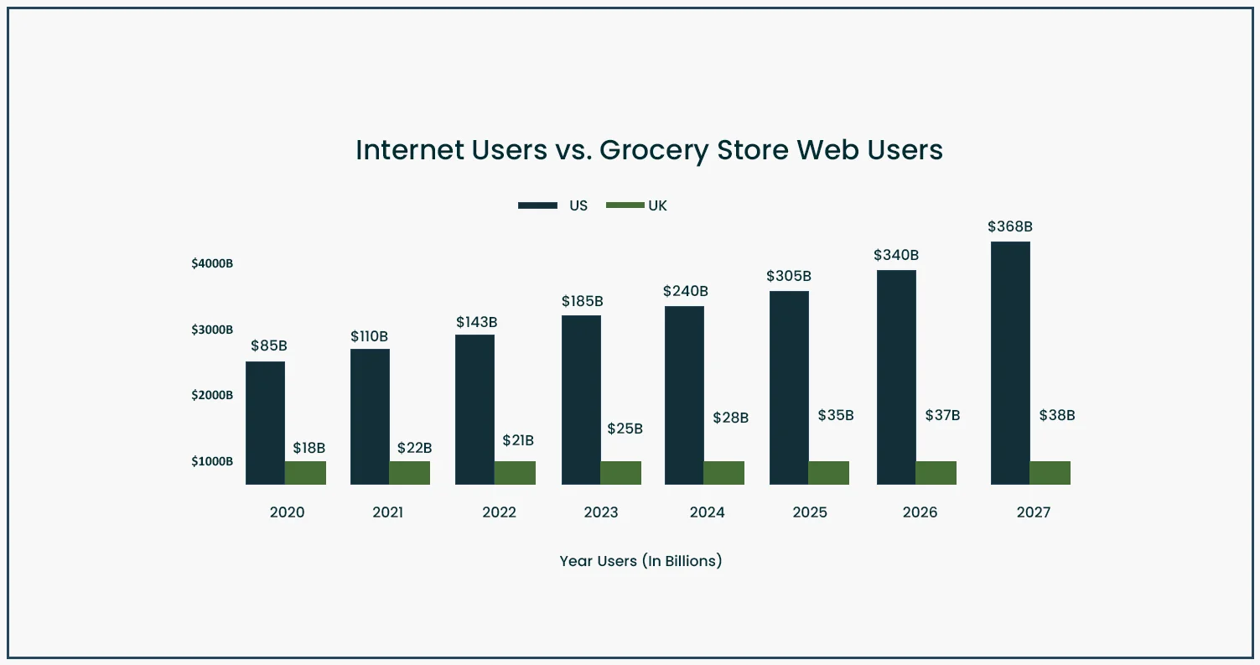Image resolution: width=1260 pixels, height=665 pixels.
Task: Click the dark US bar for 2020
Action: click(x=265, y=423)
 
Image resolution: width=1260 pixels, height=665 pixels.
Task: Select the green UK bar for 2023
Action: click(x=620, y=472)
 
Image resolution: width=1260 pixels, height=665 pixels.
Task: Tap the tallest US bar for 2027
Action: click(x=1010, y=362)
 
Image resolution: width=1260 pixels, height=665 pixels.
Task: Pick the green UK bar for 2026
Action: click(x=936, y=472)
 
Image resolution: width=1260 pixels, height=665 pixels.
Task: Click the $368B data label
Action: click(x=1010, y=226)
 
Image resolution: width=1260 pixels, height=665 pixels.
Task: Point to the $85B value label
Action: click(x=268, y=345)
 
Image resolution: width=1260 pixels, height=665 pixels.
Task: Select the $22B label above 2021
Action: click(x=414, y=448)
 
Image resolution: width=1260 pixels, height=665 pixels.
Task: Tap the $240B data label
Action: click(x=686, y=291)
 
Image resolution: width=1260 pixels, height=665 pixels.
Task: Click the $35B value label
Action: click(x=836, y=415)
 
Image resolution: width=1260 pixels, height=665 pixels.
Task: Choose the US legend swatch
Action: click(x=537, y=205)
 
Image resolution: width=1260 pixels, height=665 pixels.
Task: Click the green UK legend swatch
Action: click(x=625, y=205)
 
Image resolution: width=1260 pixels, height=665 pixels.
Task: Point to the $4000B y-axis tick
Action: click(x=212, y=263)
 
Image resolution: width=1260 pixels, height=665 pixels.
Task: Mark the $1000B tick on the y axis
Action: click(x=212, y=461)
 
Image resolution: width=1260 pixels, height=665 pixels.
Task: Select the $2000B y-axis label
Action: click(x=212, y=395)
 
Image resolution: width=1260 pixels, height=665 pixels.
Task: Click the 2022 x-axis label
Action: click(x=500, y=512)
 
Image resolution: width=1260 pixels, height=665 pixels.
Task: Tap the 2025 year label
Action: click(x=810, y=512)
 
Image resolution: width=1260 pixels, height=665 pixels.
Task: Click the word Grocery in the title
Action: click(x=652, y=150)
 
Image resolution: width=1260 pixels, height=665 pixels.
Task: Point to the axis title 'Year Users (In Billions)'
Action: click(x=640, y=561)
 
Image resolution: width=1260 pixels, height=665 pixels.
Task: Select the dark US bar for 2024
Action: click(x=684, y=395)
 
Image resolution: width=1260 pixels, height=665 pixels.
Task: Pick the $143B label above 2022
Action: click(x=477, y=322)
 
